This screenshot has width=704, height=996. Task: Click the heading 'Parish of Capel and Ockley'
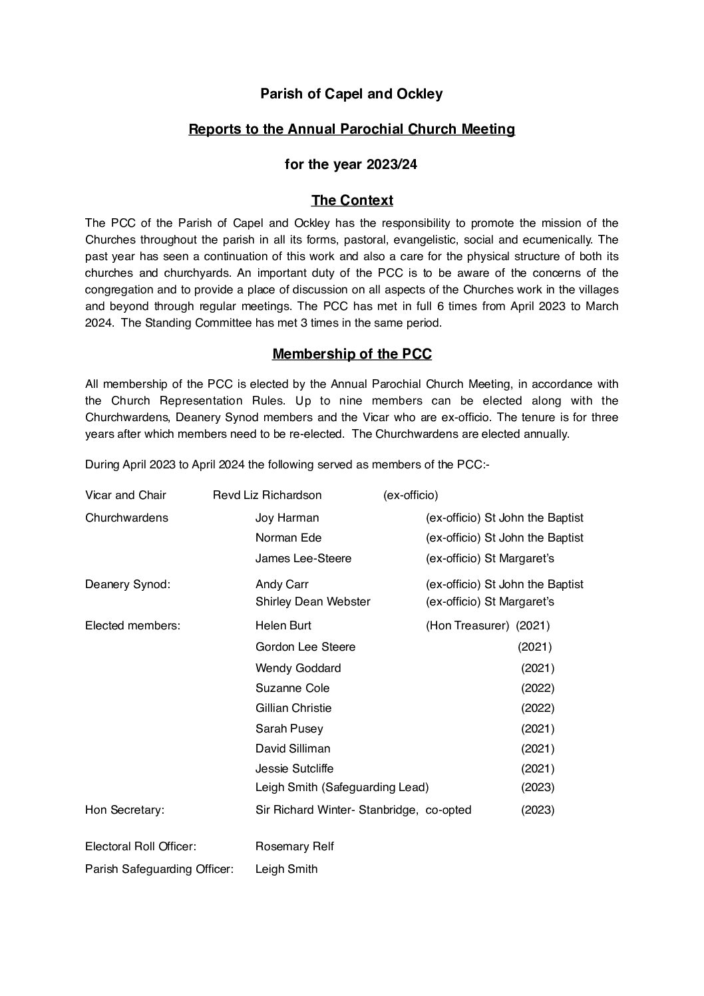coord(351,94)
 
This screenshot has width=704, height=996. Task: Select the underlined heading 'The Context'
coord(352,200)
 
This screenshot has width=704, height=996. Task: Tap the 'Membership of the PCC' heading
coord(352,354)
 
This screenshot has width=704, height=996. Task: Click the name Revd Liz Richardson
coord(267,495)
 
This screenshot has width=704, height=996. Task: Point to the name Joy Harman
coord(287,518)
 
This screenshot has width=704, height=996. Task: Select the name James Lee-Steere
coord(303,558)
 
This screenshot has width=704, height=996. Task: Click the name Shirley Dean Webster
coord(313,601)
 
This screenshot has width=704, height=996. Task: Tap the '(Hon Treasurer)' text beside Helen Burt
coord(468,625)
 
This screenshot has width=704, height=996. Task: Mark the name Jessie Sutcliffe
coord(294,768)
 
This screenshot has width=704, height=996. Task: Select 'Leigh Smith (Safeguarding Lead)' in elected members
coord(342,788)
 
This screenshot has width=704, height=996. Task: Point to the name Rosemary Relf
coord(294,846)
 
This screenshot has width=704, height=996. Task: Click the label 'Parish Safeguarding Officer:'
coord(159,869)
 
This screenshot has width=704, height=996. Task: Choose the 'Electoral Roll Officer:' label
coord(140,846)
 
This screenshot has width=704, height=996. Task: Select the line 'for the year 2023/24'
coord(351,164)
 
